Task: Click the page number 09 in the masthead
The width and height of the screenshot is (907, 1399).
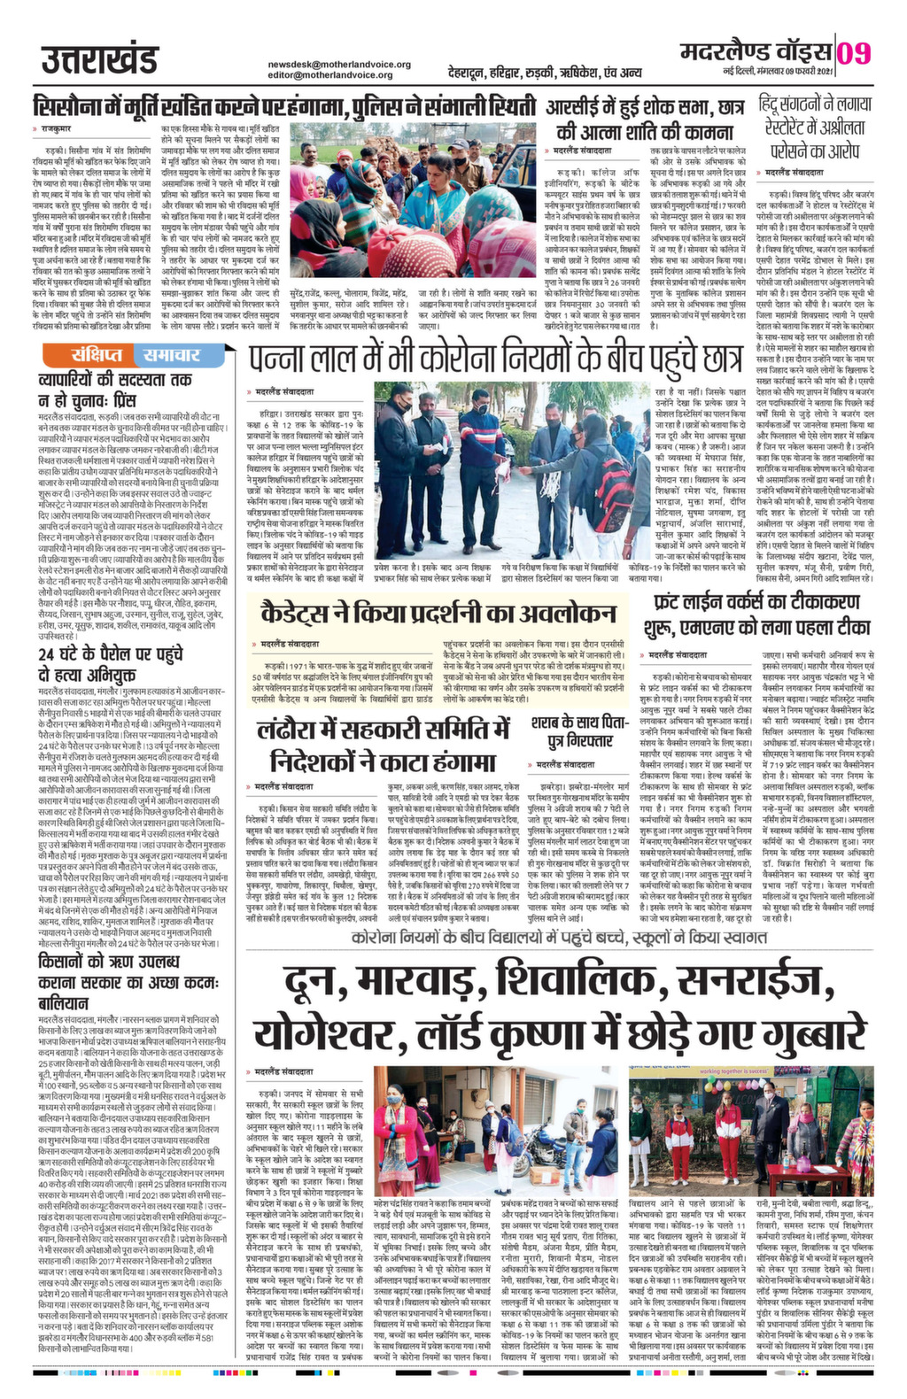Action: click(x=854, y=54)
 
